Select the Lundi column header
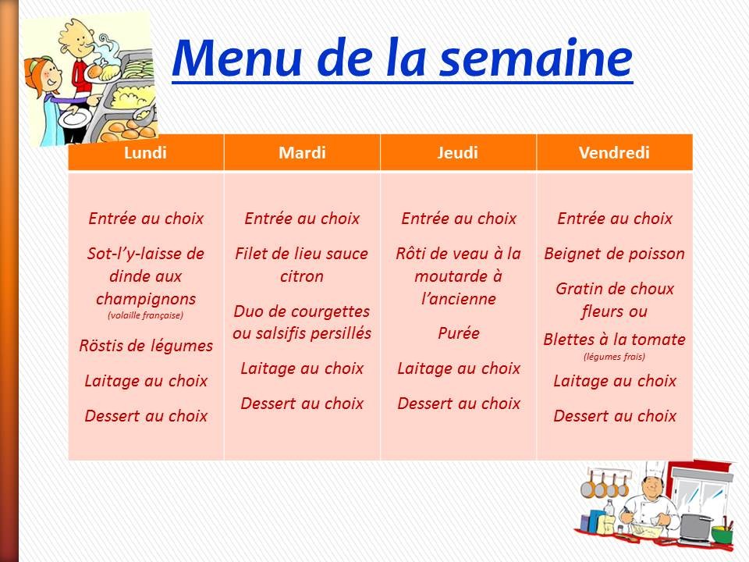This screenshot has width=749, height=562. click(x=146, y=152)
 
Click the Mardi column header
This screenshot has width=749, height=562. click(x=302, y=152)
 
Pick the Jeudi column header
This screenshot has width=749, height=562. click(x=458, y=152)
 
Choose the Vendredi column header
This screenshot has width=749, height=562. click(x=614, y=152)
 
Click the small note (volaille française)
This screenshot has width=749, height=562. click(x=146, y=316)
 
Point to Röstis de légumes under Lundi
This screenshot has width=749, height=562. click(x=146, y=345)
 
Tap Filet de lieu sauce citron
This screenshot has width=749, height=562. click(x=302, y=265)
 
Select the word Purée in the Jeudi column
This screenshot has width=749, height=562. click(x=458, y=333)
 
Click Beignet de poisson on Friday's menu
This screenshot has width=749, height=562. click(x=614, y=254)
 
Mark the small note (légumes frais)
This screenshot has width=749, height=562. click(x=614, y=357)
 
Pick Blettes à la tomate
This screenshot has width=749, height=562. click(x=614, y=340)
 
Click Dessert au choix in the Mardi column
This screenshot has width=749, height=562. click(x=302, y=404)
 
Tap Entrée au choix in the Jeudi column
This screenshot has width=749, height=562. click(x=458, y=219)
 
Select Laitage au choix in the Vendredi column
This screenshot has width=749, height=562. click(x=614, y=381)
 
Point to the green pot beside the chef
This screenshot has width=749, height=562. click(x=722, y=535)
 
